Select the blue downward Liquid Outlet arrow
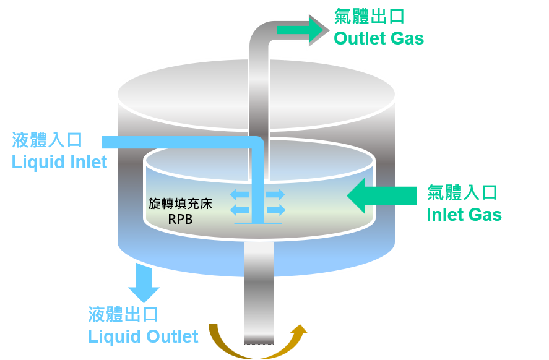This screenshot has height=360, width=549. (144, 283)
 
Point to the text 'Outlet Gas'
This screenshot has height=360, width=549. (379, 38)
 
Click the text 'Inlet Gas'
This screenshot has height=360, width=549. (464, 215)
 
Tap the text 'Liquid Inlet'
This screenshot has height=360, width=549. (59, 162)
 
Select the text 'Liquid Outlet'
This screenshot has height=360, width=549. (143, 336)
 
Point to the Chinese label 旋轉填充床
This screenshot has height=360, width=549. (180, 204)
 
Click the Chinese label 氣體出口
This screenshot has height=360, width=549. (370, 16)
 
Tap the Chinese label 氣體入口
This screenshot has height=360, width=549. (462, 192)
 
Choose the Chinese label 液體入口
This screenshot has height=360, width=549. (48, 140)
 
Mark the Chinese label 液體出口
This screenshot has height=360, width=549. (124, 314)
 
